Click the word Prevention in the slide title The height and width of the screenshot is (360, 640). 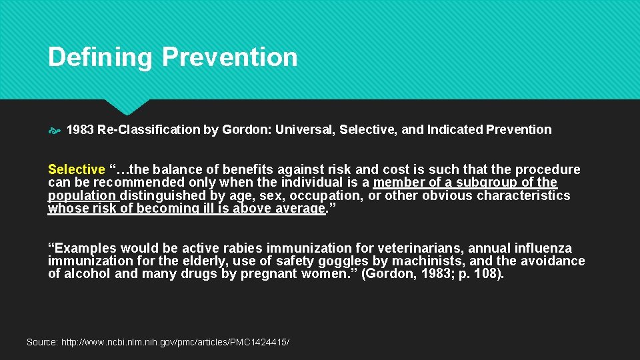[229, 57]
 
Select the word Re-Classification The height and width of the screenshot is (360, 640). [149, 130]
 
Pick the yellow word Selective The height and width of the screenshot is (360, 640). [76, 169]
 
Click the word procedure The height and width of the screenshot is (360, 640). [548, 169]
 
